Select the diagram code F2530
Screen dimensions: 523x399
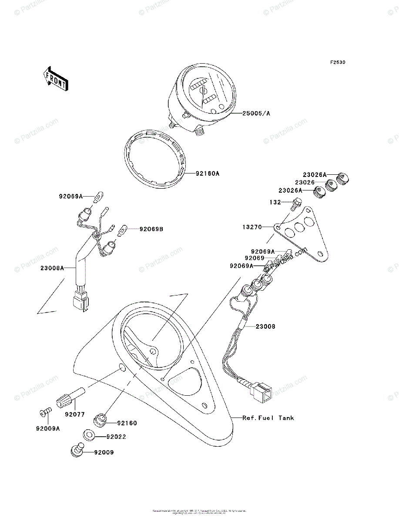tap(337, 63)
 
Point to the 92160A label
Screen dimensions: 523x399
tap(207, 173)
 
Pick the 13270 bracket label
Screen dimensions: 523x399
tap(252, 227)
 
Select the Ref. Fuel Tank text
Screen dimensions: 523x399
tap(268, 418)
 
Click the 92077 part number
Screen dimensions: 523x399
tap(75, 414)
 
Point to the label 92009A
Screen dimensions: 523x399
tap(47, 428)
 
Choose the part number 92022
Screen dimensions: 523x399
tap(104, 436)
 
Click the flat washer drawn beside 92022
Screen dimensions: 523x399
tap(87, 435)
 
